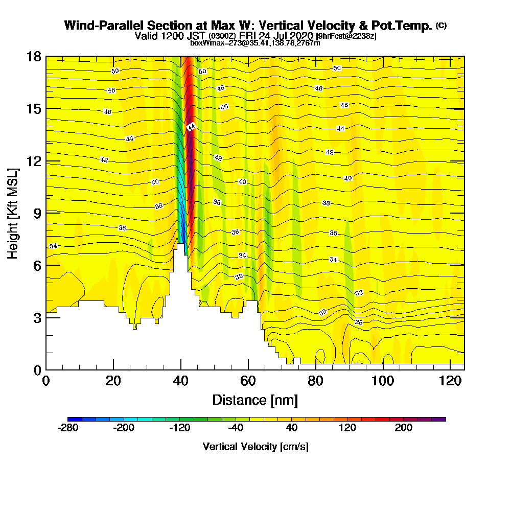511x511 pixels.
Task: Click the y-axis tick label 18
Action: click(x=33, y=56)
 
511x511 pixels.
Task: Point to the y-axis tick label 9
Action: click(x=37, y=213)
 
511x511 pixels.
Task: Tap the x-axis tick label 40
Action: click(x=180, y=381)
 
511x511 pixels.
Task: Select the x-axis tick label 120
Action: click(x=450, y=381)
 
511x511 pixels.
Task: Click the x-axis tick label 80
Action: click(x=315, y=381)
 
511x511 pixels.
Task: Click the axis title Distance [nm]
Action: click(x=255, y=400)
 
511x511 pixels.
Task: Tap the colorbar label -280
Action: click(x=68, y=428)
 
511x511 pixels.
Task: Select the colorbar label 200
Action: click(x=404, y=428)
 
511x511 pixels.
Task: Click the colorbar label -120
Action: click(x=180, y=428)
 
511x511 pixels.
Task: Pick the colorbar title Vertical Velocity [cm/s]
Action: click(x=255, y=447)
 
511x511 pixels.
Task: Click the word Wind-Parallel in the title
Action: click(x=104, y=26)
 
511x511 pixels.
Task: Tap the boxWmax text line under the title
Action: click(x=255, y=43)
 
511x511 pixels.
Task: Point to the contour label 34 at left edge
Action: click(x=53, y=246)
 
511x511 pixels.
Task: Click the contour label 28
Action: click(x=359, y=322)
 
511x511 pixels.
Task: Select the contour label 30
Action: click(x=322, y=312)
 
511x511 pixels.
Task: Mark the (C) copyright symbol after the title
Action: click(x=441, y=26)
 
